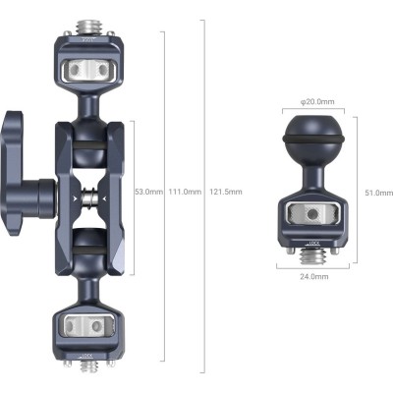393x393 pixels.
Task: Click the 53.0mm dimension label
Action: [x=148, y=192]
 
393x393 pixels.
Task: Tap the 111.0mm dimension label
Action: [x=185, y=192]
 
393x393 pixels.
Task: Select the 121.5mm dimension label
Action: [x=226, y=192]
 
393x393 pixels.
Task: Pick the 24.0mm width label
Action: [x=312, y=278]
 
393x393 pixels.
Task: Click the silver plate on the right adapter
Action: [x=312, y=214]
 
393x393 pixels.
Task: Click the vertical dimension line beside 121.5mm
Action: [x=203, y=196]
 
